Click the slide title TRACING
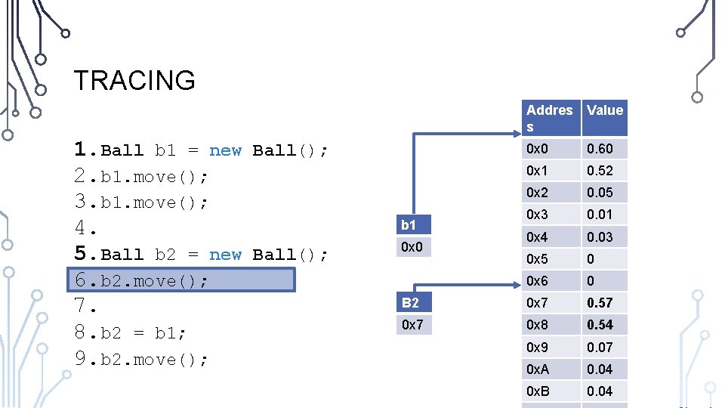pyautogui.click(x=134, y=80)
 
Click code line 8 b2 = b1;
pyautogui.click(x=131, y=332)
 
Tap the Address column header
pyautogui.click(x=549, y=118)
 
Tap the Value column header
pyautogui.click(x=604, y=110)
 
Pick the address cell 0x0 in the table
pyautogui.click(x=538, y=149)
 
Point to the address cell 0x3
pyautogui.click(x=538, y=215)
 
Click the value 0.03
pyautogui.click(x=600, y=237)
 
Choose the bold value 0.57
pyautogui.click(x=600, y=303)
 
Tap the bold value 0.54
pyautogui.click(x=600, y=325)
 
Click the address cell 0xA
pyautogui.click(x=538, y=369)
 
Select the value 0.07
pyautogui.click(x=600, y=348)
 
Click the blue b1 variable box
pyautogui.click(x=413, y=224)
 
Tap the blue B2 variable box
pyautogui.click(x=413, y=303)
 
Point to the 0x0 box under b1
pyautogui.click(x=413, y=247)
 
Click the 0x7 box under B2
pyautogui.click(x=413, y=325)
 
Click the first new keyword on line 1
pyautogui.click(x=225, y=150)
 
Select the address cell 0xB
pyautogui.click(x=538, y=391)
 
